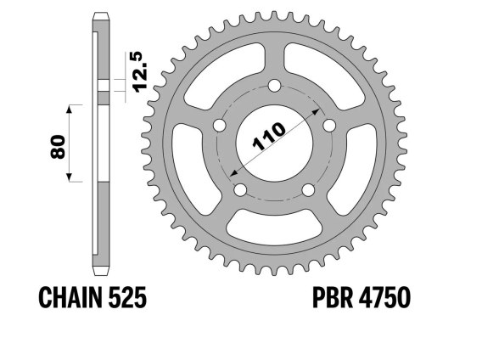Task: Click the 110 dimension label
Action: pyautogui.click(x=269, y=137)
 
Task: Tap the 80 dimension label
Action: pyautogui.click(x=58, y=147)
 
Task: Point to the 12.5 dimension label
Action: pyautogui.click(x=142, y=71)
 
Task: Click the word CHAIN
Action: pyautogui.click(x=70, y=297)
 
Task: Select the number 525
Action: pyautogui.click(x=127, y=297)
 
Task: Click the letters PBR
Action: pyautogui.click(x=333, y=297)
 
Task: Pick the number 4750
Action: pyautogui.click(x=384, y=297)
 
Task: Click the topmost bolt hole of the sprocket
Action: pyautogui.click(x=274, y=86)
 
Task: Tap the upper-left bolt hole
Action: pyautogui.click(x=220, y=126)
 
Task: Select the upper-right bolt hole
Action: pyautogui.click(x=329, y=126)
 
